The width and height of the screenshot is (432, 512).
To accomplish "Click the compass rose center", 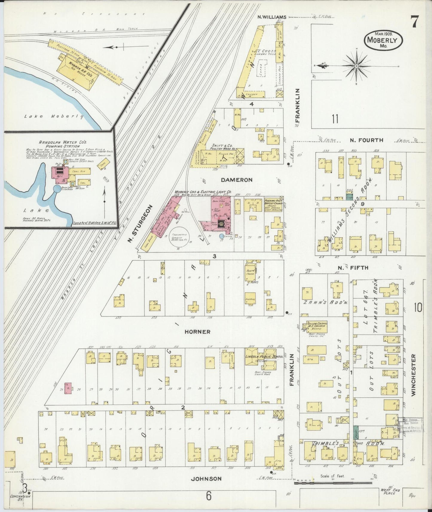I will [x=357, y=65].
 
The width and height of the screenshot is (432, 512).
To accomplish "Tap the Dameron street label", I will [x=237, y=180].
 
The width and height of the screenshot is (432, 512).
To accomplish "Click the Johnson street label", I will [x=206, y=479].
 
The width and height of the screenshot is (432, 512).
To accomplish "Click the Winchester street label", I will [x=414, y=375].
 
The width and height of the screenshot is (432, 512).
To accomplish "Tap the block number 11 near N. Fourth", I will [x=335, y=119].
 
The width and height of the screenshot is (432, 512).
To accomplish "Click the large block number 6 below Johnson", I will [x=208, y=496].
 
